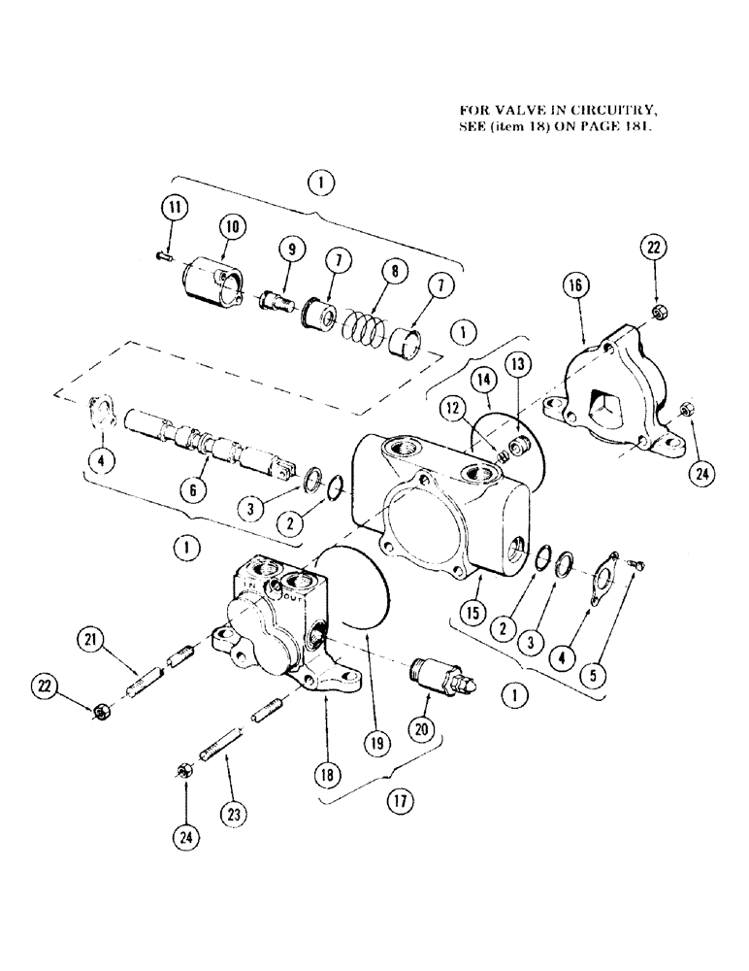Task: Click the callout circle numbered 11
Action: click(x=173, y=208)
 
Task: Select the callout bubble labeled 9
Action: click(x=288, y=250)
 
